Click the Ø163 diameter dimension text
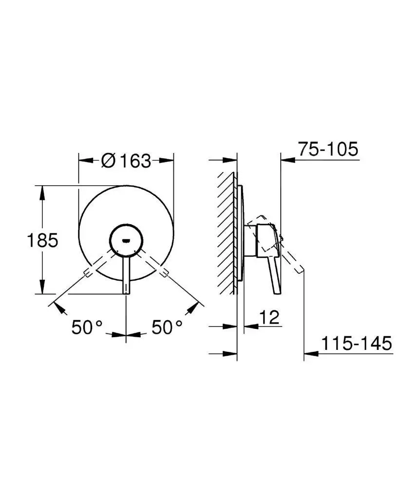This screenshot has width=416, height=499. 126,160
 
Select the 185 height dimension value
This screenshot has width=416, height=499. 43,240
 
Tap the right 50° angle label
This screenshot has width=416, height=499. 167,327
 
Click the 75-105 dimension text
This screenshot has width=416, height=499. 328,149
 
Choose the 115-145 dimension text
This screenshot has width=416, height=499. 356,344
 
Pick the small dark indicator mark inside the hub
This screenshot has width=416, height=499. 127,240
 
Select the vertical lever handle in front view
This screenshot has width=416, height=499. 127,275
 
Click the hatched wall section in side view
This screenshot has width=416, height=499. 227,234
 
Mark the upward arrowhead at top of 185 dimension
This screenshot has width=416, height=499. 42,191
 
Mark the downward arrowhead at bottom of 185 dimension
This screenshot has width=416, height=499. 42,288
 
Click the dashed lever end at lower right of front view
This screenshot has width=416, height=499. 164,271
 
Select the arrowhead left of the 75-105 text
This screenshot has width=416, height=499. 288,159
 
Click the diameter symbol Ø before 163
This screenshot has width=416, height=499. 108,160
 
